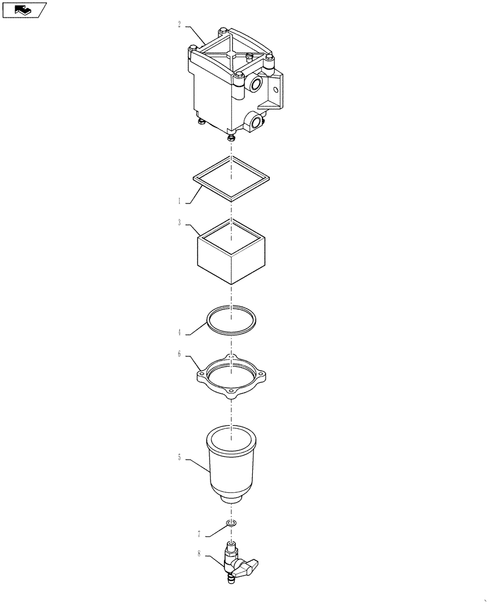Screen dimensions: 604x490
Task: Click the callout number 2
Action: click(x=180, y=25)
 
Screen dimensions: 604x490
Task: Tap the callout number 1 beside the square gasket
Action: click(x=179, y=202)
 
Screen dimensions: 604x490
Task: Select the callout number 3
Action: click(x=180, y=222)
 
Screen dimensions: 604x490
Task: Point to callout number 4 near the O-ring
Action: click(x=180, y=332)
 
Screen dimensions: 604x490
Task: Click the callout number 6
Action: click(x=179, y=354)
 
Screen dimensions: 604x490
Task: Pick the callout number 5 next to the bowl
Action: click(x=180, y=458)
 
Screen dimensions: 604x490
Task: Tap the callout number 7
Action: click(x=199, y=534)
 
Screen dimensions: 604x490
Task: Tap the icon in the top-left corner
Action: click(x=24, y=10)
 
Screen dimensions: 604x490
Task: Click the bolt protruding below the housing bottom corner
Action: click(x=231, y=138)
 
